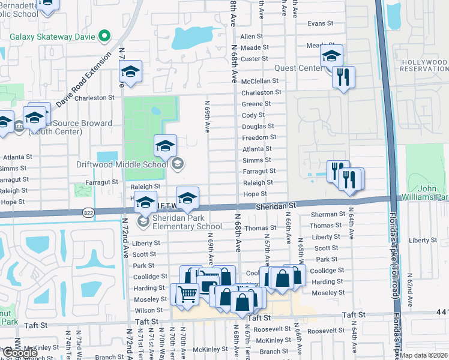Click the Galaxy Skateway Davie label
coord(53,36)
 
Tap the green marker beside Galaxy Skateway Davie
coord(105,36)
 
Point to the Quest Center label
coord(298,68)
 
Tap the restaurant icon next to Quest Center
coord(343,77)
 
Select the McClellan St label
coord(260,81)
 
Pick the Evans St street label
coord(320,23)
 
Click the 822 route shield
coord(89,212)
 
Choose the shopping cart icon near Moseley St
coord(187,294)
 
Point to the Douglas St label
coord(258,127)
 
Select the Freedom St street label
coord(259,137)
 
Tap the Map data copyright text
coord(424,355)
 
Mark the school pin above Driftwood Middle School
coord(165,145)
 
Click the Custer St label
coord(254,59)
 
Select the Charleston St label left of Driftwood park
coord(94,97)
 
